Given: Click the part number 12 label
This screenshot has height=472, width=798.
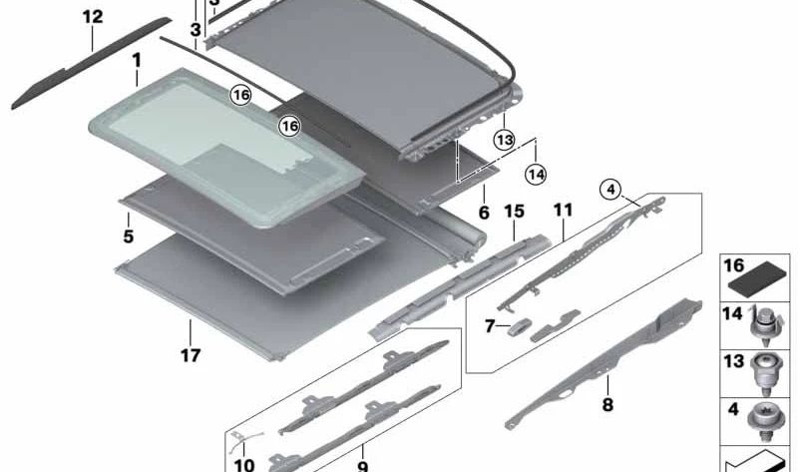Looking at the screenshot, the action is click(93, 17).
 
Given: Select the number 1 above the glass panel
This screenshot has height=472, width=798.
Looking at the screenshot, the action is click(137, 61).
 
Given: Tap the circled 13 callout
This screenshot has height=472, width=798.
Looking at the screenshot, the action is click(504, 140).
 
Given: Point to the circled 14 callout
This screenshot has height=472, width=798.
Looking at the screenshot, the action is click(536, 175).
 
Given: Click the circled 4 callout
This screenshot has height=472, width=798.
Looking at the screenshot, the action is click(610, 190).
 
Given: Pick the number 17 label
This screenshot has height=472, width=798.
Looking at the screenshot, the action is click(191, 355).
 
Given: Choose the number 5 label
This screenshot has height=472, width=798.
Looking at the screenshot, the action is click(129, 236).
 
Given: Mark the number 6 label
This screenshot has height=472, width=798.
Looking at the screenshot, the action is click(484, 213).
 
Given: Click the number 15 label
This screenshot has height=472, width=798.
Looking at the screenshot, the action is click(514, 211).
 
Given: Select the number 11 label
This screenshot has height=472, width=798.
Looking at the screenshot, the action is click(563, 210).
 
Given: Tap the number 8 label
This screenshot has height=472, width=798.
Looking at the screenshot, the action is click(607, 405).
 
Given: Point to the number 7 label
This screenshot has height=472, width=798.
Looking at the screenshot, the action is click(490, 326).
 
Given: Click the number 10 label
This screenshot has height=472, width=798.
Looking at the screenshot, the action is click(243, 464).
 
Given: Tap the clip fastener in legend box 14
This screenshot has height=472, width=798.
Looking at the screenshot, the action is click(764, 324).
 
